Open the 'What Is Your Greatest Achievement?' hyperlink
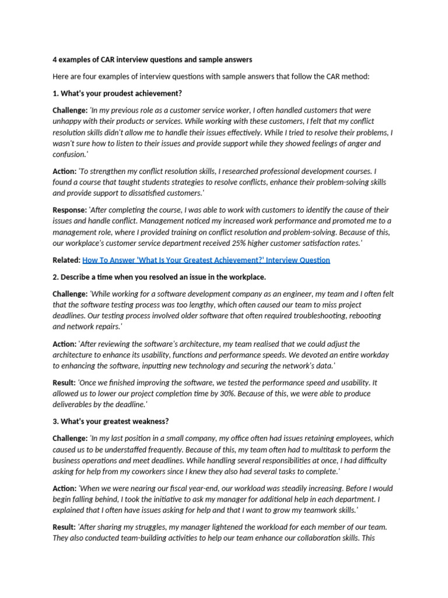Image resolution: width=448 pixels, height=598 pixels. [x=206, y=260]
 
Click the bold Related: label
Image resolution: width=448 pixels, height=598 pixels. [x=66, y=260]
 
